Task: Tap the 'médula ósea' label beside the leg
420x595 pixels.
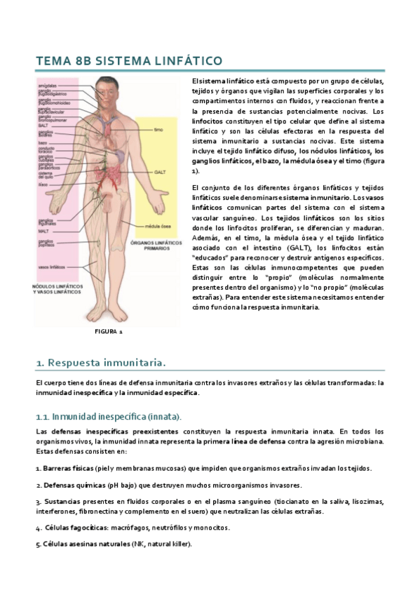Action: point(154,226)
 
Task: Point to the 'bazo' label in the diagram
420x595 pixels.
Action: point(43,142)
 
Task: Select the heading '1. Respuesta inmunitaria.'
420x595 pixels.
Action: point(101,362)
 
